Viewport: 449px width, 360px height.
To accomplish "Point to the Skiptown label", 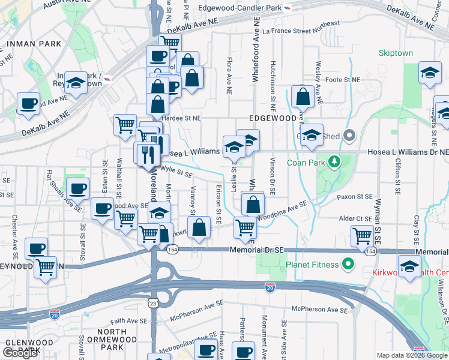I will pos(396,53).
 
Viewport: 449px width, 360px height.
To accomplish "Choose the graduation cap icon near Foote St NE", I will pos(429,73).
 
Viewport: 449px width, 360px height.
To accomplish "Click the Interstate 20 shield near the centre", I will pos(270,289).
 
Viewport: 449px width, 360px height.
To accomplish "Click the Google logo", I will pos(19,353).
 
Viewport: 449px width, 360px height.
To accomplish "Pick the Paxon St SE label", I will pos(355,196).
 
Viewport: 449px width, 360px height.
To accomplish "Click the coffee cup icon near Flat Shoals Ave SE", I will pos(77,188).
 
